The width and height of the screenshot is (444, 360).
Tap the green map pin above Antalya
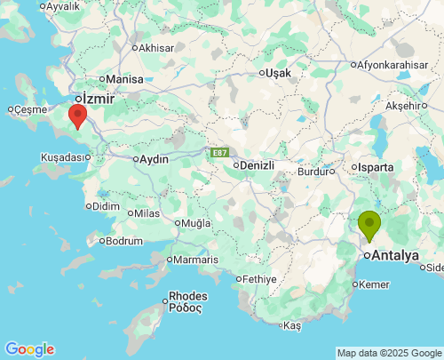tap(369, 224)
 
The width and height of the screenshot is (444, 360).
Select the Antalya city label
tap(396, 255)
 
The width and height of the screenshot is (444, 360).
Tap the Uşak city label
tap(277, 72)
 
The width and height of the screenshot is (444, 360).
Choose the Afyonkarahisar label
tap(393, 65)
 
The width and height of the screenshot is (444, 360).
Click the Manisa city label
tap(125, 79)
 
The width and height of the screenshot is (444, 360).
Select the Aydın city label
tap(151, 159)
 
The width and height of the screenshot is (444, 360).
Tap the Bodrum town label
tap(123, 241)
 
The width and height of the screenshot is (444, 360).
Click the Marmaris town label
tap(195, 260)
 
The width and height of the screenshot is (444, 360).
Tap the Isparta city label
tap(374, 166)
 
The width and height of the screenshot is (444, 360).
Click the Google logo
tap(29, 349)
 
